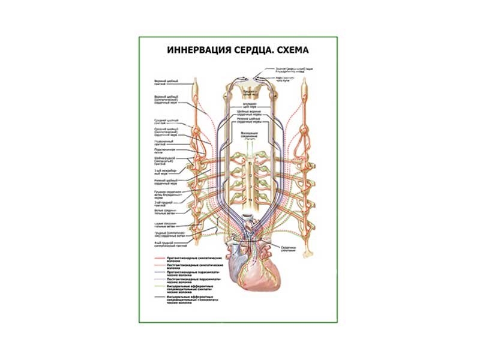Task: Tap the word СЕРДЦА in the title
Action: click(x=250, y=52)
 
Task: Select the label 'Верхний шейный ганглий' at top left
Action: click(x=163, y=82)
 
